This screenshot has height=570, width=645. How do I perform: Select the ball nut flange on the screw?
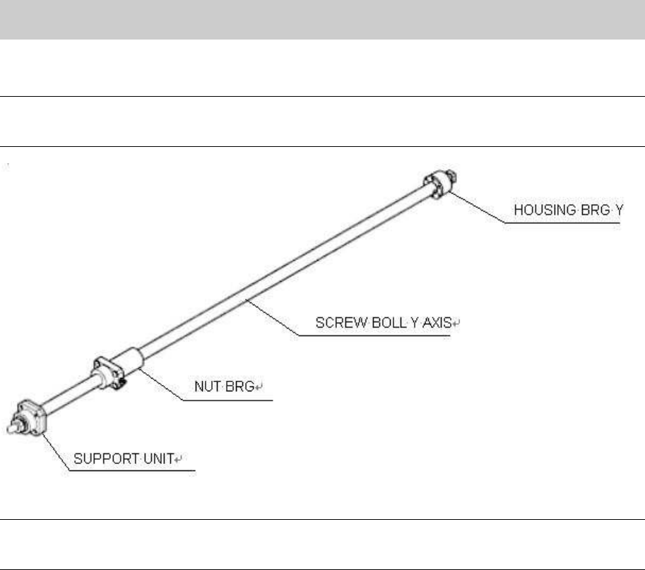click(105, 371)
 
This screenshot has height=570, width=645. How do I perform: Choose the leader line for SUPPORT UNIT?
click(57, 452)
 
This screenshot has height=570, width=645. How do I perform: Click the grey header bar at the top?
click(322, 19)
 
